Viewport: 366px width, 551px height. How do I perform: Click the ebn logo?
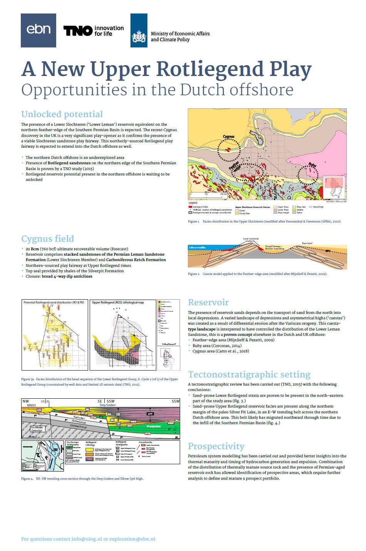click(38, 30)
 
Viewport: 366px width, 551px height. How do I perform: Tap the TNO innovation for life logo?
click(94, 31)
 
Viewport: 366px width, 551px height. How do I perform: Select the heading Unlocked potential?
click(62, 114)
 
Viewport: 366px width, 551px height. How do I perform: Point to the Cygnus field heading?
click(48, 239)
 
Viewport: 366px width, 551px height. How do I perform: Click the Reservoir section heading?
click(208, 302)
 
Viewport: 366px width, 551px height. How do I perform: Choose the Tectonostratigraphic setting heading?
click(249, 374)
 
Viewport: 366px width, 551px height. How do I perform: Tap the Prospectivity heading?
click(216, 446)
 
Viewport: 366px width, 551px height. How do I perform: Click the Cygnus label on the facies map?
click(228, 137)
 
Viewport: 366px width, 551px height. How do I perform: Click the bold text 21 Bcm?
click(33, 249)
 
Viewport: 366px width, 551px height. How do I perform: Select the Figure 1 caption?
click(264, 222)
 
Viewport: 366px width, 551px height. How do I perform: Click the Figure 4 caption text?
click(82, 479)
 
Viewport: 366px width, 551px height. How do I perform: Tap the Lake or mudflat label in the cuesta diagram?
click(197, 247)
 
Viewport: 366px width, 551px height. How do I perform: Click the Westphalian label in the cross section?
click(153, 427)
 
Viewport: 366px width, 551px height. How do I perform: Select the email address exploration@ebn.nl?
click(132, 539)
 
